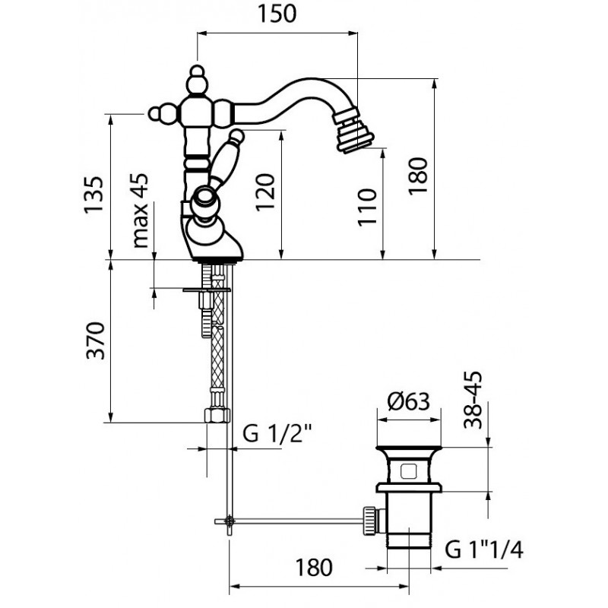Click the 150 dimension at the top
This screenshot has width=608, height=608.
pos(277,14)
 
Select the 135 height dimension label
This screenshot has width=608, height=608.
pos(93,195)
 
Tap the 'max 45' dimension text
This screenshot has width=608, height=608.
pos(141,211)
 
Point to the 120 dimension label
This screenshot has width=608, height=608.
pos(265,192)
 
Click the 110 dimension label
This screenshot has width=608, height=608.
pos(367,207)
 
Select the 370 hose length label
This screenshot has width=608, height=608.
pos(96,340)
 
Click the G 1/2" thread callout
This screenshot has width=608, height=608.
pos(277,434)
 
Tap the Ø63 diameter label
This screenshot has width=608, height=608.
pos(409,401)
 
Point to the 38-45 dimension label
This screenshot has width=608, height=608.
pos(473,400)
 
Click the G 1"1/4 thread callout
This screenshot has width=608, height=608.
pos(484,549)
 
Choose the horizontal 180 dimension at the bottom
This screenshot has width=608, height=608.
pos(314,567)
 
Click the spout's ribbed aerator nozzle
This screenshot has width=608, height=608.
pos(354,129)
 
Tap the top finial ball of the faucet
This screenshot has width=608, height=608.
pos(198,71)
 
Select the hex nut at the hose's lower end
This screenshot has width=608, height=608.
pos(217,415)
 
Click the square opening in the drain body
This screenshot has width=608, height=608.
pos(408,471)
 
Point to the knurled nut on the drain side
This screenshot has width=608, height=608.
pos(370,521)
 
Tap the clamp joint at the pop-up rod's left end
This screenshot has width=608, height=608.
pos(230,521)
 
